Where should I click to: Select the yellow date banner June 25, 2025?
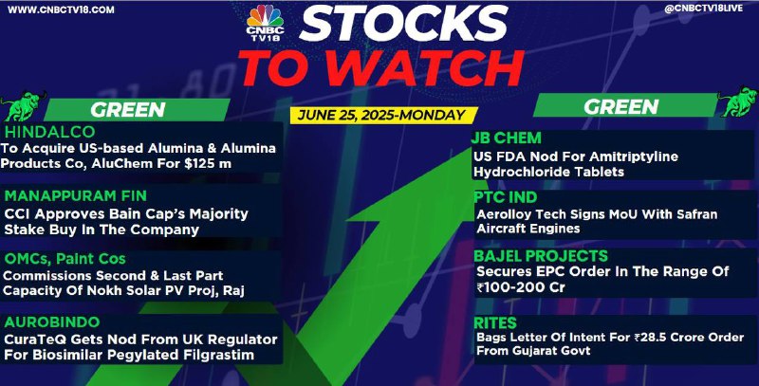pyautogui.click(x=383, y=115)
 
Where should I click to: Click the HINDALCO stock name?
pyautogui.click(x=50, y=132)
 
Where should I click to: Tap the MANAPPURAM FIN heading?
pyautogui.click(x=76, y=196)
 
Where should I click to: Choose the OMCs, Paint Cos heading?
pyautogui.click(x=65, y=259)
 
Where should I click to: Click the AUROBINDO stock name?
pyautogui.click(x=52, y=322)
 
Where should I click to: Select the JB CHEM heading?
pyautogui.click(x=507, y=138)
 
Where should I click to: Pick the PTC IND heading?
pyautogui.click(x=506, y=197)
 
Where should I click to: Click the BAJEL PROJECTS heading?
pyautogui.click(x=541, y=256)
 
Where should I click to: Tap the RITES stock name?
pyautogui.click(x=495, y=322)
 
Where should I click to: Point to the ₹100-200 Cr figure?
pyautogui.click(x=520, y=287)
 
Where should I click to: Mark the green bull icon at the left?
pyautogui.click(x=23, y=105)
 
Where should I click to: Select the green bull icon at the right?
pyautogui.click(x=737, y=101)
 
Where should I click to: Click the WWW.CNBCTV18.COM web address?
pyautogui.click(x=61, y=9)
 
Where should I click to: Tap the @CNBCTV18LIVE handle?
pyautogui.click(x=703, y=9)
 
